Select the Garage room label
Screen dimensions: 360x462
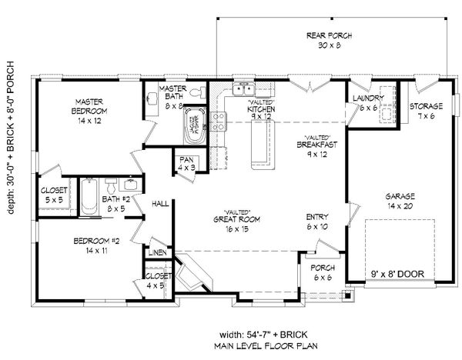[400, 201]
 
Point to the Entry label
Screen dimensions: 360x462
[315, 221]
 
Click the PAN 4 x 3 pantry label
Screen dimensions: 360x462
[186, 164]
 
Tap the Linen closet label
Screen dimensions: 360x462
[157, 252]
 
